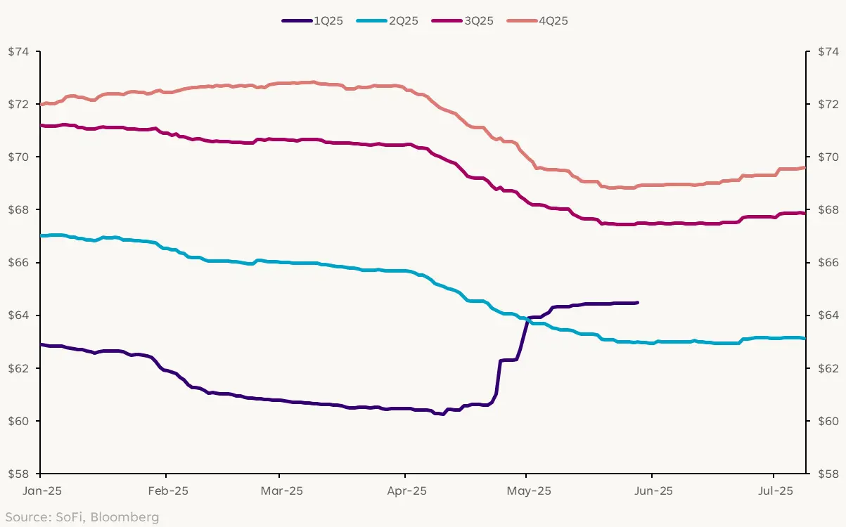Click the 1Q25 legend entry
(312, 21)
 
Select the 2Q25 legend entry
(387, 21)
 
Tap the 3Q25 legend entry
(462, 21)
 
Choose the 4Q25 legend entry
(537, 21)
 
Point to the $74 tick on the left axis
(20, 51)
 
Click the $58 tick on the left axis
(20, 474)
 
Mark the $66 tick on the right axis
(826, 263)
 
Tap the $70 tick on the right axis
(826, 157)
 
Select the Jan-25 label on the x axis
(40, 490)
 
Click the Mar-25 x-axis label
(279, 490)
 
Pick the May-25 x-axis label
(527, 490)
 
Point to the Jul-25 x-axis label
(774, 490)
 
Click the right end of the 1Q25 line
(637, 303)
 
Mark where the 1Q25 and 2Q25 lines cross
(527, 319)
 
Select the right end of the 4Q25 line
(805, 167)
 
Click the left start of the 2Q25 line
(41, 235)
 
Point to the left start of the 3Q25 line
(41, 126)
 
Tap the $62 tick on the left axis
(20, 368)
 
